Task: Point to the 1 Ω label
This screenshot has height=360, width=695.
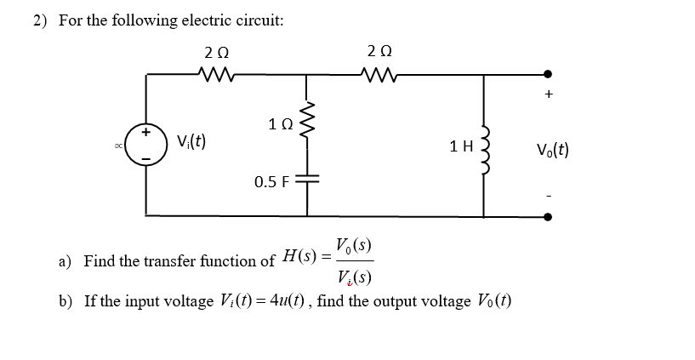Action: [x=277, y=125]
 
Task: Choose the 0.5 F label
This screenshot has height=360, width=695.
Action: [x=272, y=181]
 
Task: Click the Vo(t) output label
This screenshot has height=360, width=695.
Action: [x=552, y=151]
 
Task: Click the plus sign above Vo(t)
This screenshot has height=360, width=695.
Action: [x=549, y=96]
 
